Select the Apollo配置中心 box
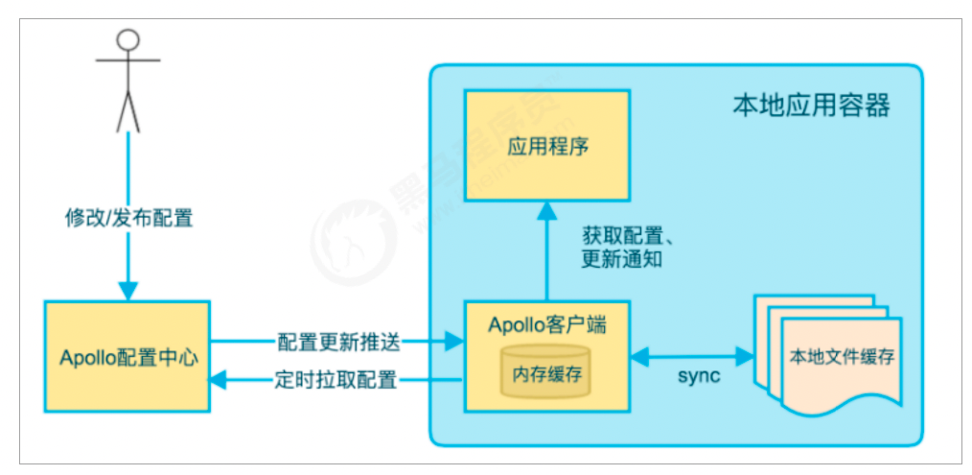pyautogui.click(x=127, y=358)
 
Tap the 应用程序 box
pyautogui.click(x=547, y=146)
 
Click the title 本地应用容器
pyautogui.click(x=811, y=105)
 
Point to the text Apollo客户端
pyautogui.click(x=546, y=324)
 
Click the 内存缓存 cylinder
pyautogui.click(x=547, y=371)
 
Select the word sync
pyautogui.click(x=698, y=376)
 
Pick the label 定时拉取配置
pyautogui.click(x=337, y=381)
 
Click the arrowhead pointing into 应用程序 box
pyautogui.click(x=547, y=209)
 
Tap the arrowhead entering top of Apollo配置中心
pyautogui.click(x=127, y=291)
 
